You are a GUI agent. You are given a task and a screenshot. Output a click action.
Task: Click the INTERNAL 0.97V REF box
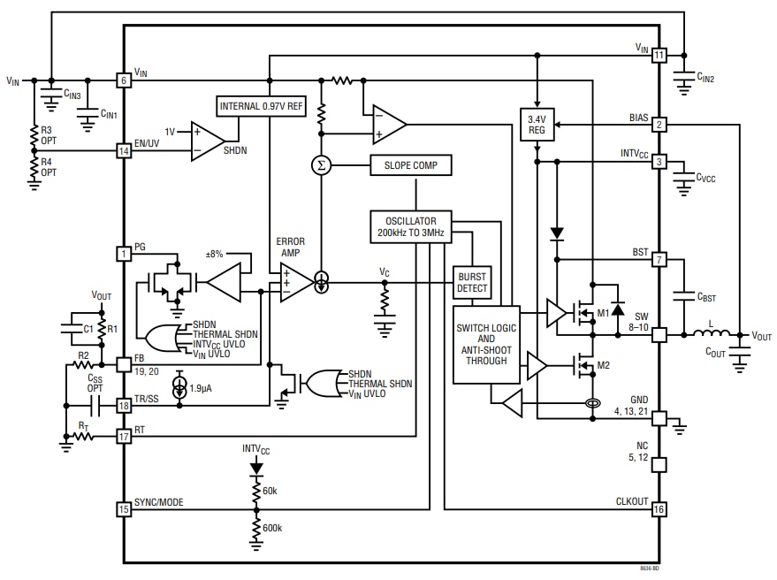pyautogui.click(x=262, y=106)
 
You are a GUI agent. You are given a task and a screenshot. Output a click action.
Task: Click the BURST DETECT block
pyautogui.click(x=471, y=282)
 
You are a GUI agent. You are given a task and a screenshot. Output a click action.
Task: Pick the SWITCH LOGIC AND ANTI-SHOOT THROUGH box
pyautogui.click(x=487, y=344)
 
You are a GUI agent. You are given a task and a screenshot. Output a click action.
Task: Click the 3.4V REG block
pyautogui.click(x=537, y=124)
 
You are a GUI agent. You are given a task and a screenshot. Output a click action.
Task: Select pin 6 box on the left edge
pyautogui.click(x=123, y=80)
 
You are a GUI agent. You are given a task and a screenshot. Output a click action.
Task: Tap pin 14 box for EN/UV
pyautogui.click(x=123, y=150)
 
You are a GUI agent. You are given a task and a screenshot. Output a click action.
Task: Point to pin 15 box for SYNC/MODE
pyautogui.click(x=123, y=509)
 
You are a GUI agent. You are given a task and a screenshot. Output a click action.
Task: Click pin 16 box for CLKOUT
pyautogui.click(x=659, y=509)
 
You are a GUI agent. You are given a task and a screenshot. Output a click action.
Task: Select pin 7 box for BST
pyautogui.click(x=659, y=260)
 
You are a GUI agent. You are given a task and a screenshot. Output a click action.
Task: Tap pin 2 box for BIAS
pyautogui.click(x=659, y=125)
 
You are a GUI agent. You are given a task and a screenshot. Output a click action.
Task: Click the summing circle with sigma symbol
pyautogui.click(x=322, y=165)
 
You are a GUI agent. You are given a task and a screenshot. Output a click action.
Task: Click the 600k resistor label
pyautogui.click(x=271, y=528)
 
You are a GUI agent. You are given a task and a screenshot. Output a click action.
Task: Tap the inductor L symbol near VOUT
pyautogui.click(x=710, y=335)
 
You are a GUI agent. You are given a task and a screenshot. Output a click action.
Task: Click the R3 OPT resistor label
pyautogui.click(x=50, y=134)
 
